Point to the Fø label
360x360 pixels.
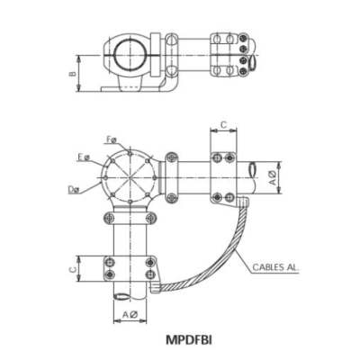[x=111, y=139]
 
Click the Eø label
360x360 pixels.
[x=83, y=157]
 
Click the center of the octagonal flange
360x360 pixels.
[x=130, y=176]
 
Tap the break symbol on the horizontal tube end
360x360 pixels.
[x=258, y=168]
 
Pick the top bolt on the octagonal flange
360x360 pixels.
[x=130, y=152]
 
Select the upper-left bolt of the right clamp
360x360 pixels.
[x=217, y=158]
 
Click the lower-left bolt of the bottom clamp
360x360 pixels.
[x=110, y=274]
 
